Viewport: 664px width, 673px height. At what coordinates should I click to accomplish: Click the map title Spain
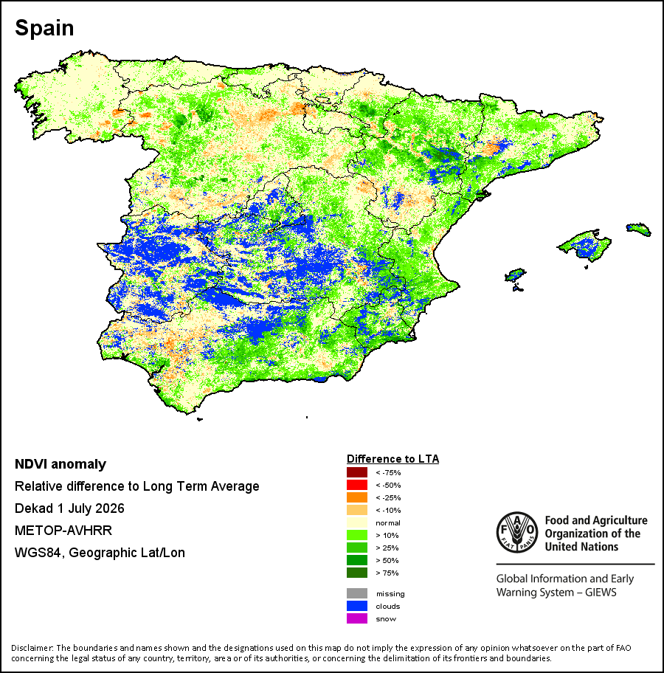[x=44, y=28]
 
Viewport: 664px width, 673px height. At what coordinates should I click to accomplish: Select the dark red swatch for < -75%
[x=357, y=472]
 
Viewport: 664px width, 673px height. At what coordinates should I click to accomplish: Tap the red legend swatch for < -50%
[x=357, y=485]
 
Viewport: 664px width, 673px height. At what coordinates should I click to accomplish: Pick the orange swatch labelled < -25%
[x=357, y=497]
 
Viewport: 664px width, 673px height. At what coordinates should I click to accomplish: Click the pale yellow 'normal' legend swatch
[x=357, y=522]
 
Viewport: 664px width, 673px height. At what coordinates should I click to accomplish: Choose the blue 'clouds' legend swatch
[x=357, y=606]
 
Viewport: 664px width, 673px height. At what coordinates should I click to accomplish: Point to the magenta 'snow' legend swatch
[x=357, y=618]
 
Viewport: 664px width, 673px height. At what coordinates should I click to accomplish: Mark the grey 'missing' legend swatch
[x=357, y=593]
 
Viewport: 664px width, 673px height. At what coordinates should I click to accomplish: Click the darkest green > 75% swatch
[x=357, y=573]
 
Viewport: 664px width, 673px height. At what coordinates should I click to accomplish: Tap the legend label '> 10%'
[x=387, y=535]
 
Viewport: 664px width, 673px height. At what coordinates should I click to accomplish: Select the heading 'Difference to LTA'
[x=392, y=459]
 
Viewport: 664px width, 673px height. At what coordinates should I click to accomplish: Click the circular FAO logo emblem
[x=517, y=533]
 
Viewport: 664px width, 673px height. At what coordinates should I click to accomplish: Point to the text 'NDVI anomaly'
[x=60, y=464]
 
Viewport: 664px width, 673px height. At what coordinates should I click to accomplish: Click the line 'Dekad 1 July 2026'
[x=69, y=508]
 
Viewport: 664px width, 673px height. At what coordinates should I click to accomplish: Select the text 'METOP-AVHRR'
[x=63, y=531]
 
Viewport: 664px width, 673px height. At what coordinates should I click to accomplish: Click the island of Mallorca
[x=584, y=245]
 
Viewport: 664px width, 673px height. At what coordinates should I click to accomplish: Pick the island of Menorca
[x=639, y=229]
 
